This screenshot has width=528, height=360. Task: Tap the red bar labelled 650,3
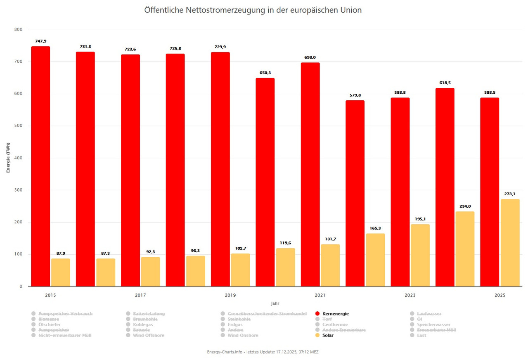[x=265, y=182]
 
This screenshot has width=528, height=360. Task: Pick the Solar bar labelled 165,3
[x=375, y=260]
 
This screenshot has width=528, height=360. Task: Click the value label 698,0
[x=310, y=57]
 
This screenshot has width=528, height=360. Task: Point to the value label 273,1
[x=510, y=194]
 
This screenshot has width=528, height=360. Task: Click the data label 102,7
[x=240, y=248]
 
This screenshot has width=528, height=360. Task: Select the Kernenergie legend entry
[x=335, y=314]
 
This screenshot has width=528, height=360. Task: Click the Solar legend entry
[x=328, y=335]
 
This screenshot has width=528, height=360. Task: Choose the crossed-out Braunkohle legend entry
[x=145, y=319]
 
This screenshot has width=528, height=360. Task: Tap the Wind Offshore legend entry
[x=148, y=335]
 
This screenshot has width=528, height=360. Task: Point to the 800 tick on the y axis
[x=18, y=29]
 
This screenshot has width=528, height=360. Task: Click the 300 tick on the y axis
[x=18, y=190]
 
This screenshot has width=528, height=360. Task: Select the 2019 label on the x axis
[x=230, y=295]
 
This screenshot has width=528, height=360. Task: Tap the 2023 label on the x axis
[x=410, y=295]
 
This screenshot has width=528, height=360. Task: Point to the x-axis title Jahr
[x=275, y=303]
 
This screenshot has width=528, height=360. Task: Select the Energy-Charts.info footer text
[x=225, y=352]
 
